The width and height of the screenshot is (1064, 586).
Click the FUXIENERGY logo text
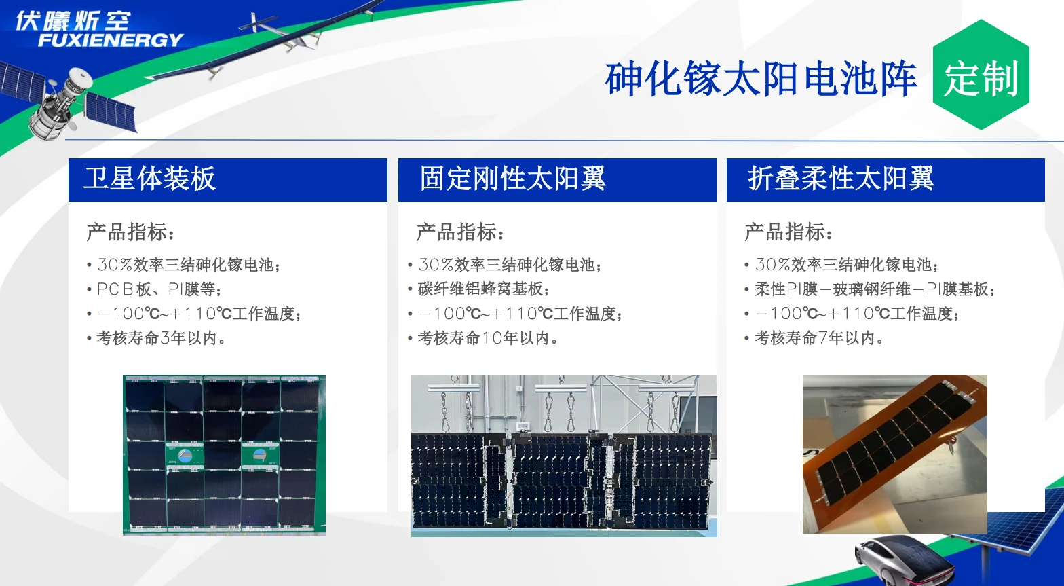tap(111, 40)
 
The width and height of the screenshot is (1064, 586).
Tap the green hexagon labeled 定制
tap(981, 77)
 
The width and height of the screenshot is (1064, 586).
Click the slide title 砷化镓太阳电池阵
tap(761, 79)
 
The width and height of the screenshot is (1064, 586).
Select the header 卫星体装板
tap(150, 179)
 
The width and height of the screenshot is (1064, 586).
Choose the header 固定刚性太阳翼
tap(512, 179)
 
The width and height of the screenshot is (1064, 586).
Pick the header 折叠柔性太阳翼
tap(841, 179)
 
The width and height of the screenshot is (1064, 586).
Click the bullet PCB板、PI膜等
tap(159, 289)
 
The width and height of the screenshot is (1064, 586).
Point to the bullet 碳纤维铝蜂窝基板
tap(483, 289)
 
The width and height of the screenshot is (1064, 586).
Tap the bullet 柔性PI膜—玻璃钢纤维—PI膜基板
tap(874, 289)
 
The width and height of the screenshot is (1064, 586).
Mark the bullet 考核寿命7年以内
tap(818, 337)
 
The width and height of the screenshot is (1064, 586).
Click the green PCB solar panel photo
tap(224, 455)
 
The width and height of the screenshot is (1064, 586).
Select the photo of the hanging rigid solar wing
tap(564, 456)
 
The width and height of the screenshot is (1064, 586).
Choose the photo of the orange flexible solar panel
tap(894, 454)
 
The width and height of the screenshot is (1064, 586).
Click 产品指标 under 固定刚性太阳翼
tap(459, 232)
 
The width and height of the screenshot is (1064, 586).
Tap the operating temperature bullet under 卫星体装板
tap(199, 314)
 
